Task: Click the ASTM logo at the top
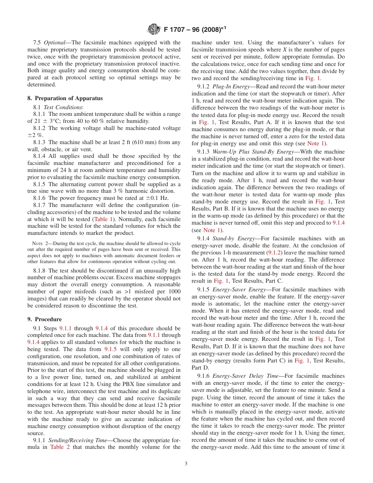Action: (x=154, y=29)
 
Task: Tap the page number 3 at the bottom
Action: (x=186, y=463)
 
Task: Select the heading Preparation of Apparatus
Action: (x=68, y=98)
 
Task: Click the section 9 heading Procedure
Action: (x=48, y=319)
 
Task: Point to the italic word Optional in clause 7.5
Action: (x=54, y=42)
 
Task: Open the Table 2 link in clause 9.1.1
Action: (x=60, y=447)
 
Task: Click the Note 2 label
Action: (x=41, y=243)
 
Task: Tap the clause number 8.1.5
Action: (x=40, y=184)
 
